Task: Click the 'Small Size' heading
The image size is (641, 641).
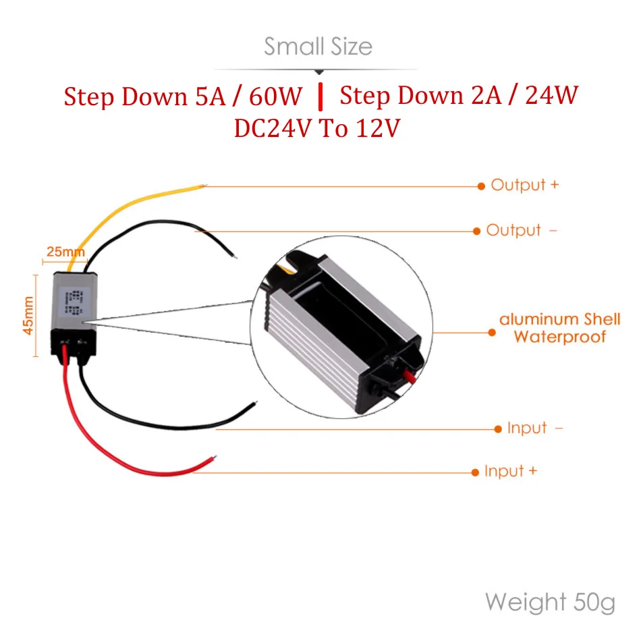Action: tap(318, 47)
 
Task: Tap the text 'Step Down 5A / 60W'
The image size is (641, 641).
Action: tap(184, 96)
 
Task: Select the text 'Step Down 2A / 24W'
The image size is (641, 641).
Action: tap(459, 95)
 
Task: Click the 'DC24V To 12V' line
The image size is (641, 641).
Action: tap(317, 128)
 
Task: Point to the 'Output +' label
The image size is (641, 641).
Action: tap(524, 185)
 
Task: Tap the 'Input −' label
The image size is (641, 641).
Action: tap(534, 428)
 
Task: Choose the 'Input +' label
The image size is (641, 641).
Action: tap(510, 471)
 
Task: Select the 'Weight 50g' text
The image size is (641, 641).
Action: tap(550, 601)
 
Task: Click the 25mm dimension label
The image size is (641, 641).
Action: tap(65, 252)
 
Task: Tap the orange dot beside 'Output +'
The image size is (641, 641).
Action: tap(481, 185)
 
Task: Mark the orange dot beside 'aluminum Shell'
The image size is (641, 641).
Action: tap(491, 332)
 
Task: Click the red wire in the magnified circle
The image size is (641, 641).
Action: tap(406, 374)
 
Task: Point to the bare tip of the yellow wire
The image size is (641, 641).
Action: tap(204, 185)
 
